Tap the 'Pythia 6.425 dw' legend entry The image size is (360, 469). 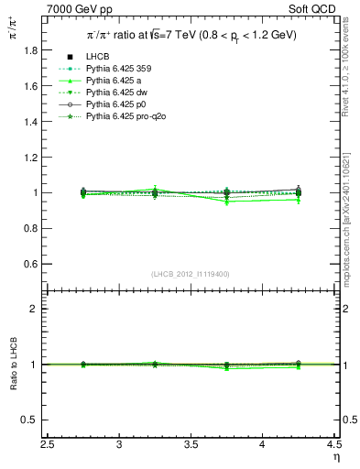coord(109,93)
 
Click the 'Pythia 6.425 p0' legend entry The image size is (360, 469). coord(109,104)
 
